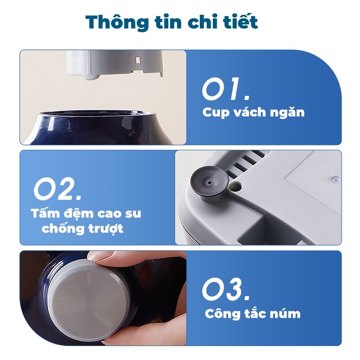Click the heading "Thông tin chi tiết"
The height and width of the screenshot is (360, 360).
coord(171,22)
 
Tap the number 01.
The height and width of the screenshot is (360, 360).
coord(226,89)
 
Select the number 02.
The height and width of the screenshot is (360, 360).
coord(58,189)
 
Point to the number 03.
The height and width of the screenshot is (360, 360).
coord(226,289)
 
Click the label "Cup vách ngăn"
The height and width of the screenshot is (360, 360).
coord(253,112)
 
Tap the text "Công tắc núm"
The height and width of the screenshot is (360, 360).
coord(252,313)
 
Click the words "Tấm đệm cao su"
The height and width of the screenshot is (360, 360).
coord(86,213)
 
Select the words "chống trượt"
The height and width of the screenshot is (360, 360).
coord(82,229)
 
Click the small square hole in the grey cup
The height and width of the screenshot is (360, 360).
coord(138,60)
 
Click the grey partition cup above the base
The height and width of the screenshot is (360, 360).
coord(115,64)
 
